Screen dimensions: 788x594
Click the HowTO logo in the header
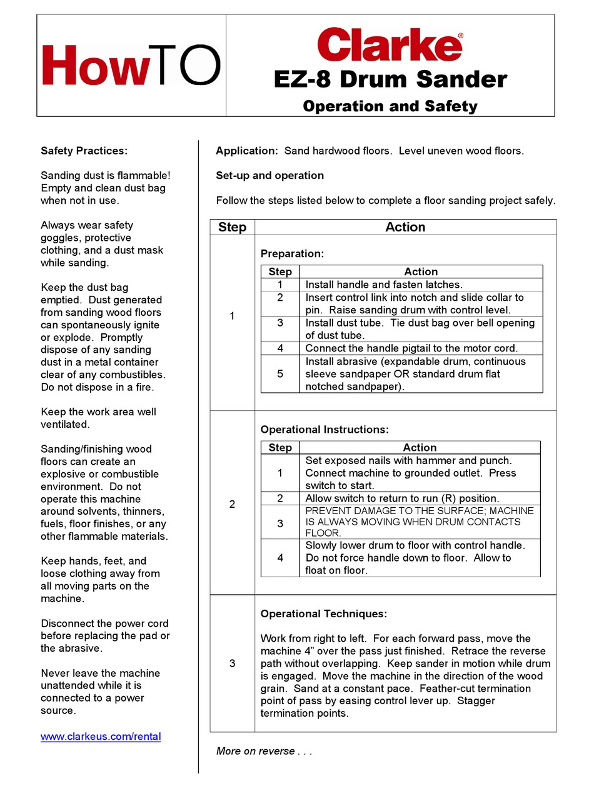pos(131,66)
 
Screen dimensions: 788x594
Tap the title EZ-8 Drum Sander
pos(390,79)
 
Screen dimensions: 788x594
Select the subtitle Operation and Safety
pos(390,106)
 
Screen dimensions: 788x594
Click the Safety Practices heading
pos(84,151)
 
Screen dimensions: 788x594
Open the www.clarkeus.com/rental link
pos(101,736)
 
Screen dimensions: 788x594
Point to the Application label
pos(246,151)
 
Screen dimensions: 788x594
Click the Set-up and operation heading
pos(269,176)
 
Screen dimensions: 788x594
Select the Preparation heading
pos(292,254)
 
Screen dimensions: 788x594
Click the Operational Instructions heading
pos(325,430)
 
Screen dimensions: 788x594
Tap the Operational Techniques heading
pos(323,614)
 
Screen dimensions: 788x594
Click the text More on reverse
pos(263,751)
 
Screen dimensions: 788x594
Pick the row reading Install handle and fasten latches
pos(383,285)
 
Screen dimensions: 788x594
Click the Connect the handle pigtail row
pos(411,348)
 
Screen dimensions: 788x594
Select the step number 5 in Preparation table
pos(280,374)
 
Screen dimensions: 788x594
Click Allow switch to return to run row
pos(401,498)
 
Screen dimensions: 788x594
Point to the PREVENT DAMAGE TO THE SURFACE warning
pos(419,522)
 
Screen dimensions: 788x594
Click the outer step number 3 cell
pos(232,663)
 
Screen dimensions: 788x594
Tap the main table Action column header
pos(405,227)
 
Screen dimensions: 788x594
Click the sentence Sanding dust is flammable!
pos(105,176)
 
